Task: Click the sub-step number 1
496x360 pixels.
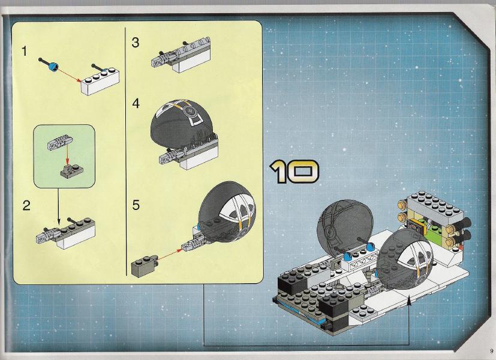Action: tap(25, 51)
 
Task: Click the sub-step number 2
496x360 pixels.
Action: tap(26, 206)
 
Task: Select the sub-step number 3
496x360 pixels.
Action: tap(136, 43)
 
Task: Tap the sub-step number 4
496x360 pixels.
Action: tap(136, 103)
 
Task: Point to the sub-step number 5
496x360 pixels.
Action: tap(136, 205)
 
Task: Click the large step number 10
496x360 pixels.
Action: tap(294, 172)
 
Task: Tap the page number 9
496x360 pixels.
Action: tap(492, 350)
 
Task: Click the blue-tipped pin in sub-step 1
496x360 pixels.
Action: tap(49, 64)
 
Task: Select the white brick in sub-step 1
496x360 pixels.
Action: tap(100, 82)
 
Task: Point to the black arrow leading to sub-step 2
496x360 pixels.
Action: tap(58, 205)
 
